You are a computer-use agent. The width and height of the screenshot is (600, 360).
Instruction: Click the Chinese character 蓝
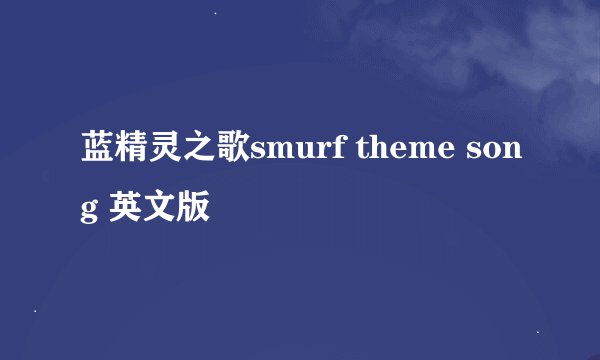coord(96,153)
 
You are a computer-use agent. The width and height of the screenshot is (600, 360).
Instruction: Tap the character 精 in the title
coord(130,153)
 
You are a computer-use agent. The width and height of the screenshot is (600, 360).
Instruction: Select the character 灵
coord(165,153)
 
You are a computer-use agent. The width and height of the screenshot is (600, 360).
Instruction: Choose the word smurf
coord(293,153)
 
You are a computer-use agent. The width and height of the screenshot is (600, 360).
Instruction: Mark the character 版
coord(196,208)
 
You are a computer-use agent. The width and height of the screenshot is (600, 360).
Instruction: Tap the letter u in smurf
coord(301,155)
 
